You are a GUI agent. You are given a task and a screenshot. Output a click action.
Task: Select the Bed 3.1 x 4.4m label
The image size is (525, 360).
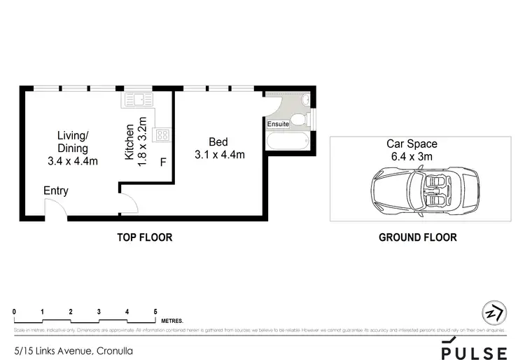(x=219, y=148)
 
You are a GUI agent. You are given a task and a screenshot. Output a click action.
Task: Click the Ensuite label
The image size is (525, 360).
(x=278, y=124)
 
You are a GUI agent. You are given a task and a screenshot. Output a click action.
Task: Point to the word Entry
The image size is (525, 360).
(x=56, y=191)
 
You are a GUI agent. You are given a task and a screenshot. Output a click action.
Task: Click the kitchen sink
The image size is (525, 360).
(x=134, y=101)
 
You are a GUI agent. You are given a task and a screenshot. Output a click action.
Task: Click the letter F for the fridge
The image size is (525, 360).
(x=163, y=163)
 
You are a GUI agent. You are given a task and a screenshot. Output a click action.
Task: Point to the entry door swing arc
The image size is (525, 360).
(x=54, y=208)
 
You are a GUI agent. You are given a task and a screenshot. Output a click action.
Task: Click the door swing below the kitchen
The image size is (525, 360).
(x=128, y=205)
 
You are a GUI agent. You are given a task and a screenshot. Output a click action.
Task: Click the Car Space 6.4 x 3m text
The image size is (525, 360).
(x=412, y=150)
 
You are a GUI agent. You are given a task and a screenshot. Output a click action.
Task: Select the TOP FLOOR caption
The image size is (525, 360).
(x=144, y=237)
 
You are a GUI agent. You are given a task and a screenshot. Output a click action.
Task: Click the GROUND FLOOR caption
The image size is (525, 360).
(x=417, y=237)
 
